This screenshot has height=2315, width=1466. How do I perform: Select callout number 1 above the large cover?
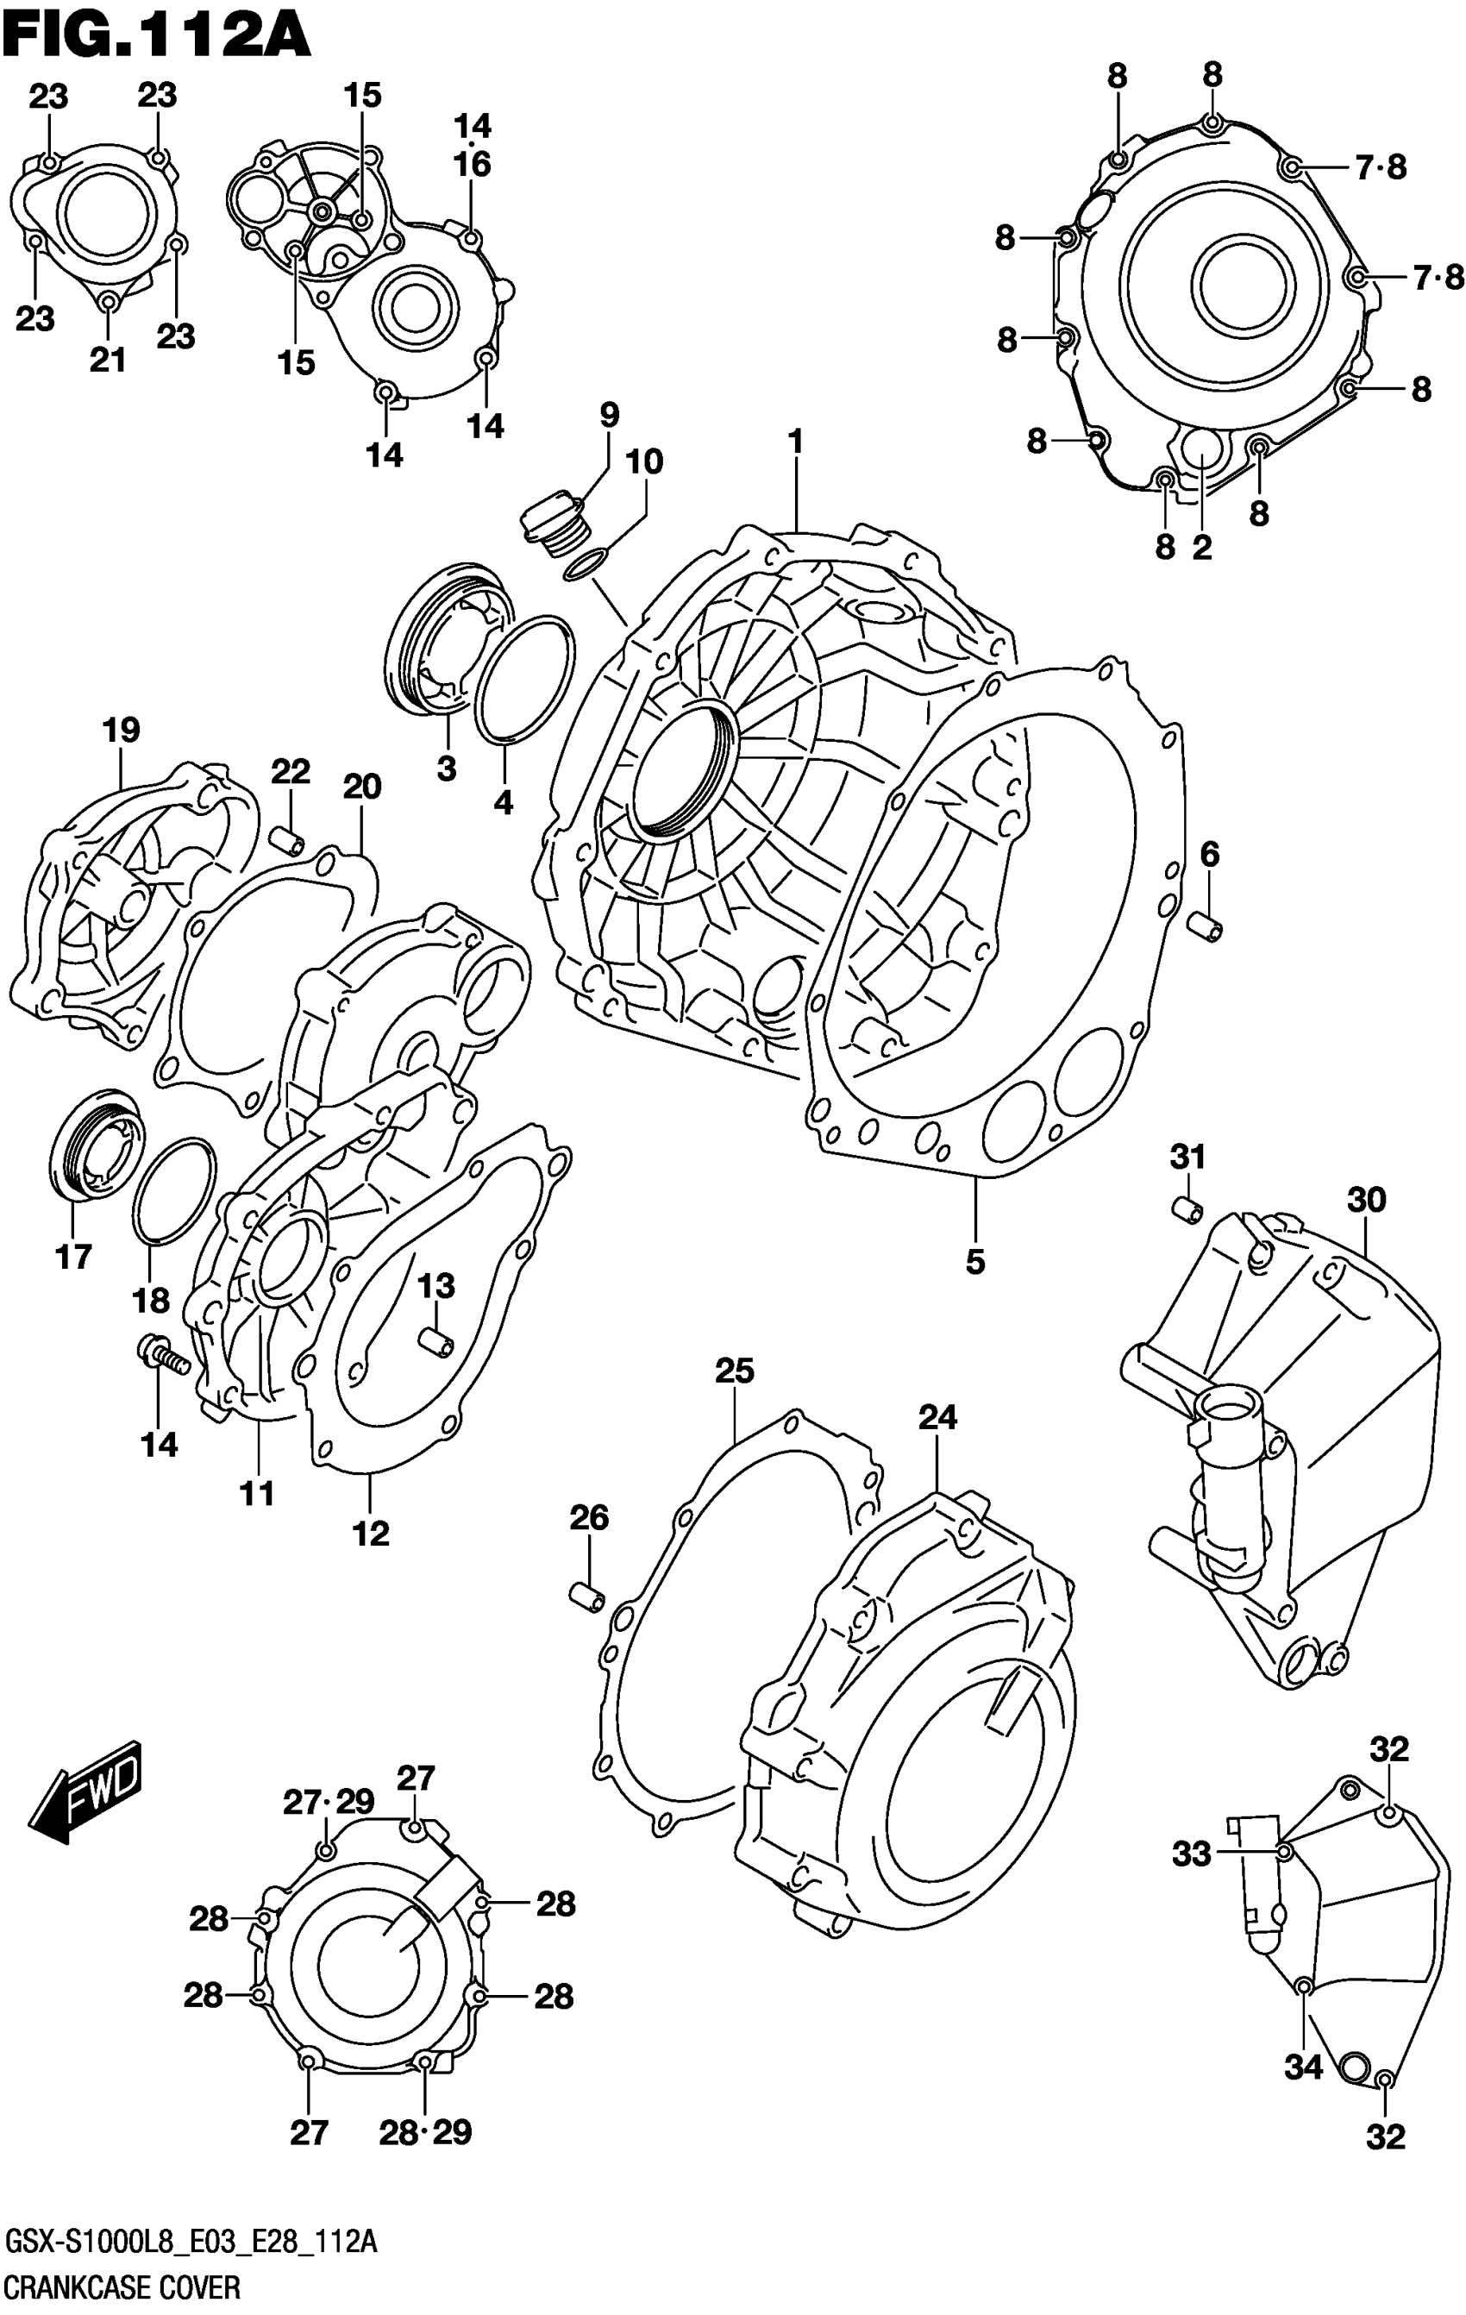coord(795,442)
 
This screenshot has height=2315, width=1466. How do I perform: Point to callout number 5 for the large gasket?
coord(974,1261)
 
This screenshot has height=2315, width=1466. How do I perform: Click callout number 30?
coord(1366,1200)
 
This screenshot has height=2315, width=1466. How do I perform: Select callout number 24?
coord(937,1417)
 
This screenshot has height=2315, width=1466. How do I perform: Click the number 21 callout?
coord(108,361)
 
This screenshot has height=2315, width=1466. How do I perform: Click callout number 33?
coord(1192,1853)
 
